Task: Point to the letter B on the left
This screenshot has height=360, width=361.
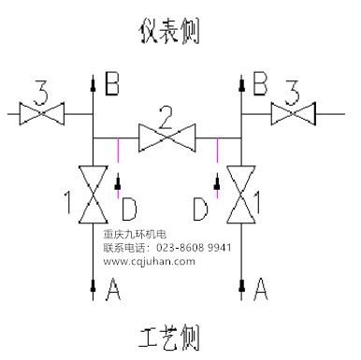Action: coord(112,86)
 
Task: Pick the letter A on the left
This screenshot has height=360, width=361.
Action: coord(114,292)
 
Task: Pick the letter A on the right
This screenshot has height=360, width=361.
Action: coord(262,292)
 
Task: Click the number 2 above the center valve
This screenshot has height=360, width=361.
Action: coord(166,117)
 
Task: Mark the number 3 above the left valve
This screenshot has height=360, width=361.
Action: coord(40,92)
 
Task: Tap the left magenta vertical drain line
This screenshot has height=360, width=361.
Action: coord(116,151)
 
